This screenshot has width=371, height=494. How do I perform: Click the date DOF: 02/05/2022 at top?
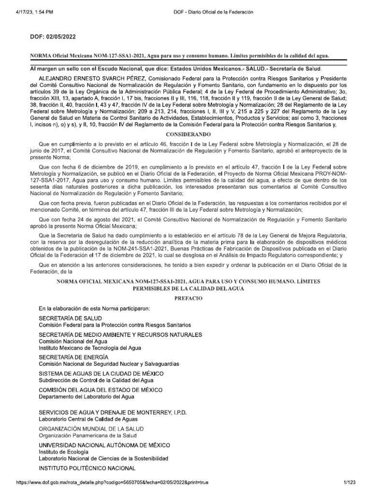point(53,36)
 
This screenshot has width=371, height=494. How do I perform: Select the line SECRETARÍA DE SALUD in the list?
point(70,318)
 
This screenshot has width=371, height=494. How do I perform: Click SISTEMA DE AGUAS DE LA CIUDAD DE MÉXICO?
point(101,374)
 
